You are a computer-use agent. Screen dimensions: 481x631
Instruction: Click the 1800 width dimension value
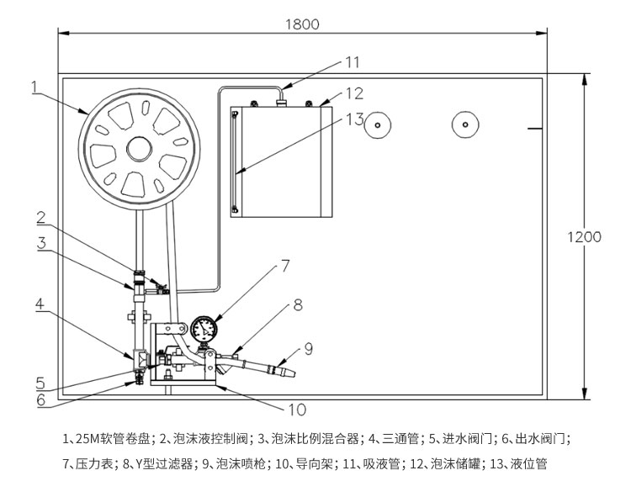click(x=301, y=24)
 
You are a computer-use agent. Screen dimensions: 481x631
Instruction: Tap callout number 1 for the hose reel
click(x=34, y=85)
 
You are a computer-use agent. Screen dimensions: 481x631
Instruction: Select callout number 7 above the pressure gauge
click(x=285, y=266)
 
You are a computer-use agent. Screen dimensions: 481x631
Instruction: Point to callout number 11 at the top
click(x=351, y=61)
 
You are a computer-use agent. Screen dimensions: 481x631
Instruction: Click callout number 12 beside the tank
click(x=353, y=92)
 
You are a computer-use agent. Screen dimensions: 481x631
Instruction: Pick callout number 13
click(x=353, y=119)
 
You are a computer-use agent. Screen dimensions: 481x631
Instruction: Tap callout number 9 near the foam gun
click(x=309, y=346)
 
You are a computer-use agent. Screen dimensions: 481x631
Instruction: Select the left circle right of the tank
click(x=379, y=125)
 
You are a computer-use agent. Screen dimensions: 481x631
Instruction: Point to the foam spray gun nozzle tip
click(x=290, y=371)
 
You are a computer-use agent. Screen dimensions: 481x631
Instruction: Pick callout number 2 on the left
click(x=40, y=218)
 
